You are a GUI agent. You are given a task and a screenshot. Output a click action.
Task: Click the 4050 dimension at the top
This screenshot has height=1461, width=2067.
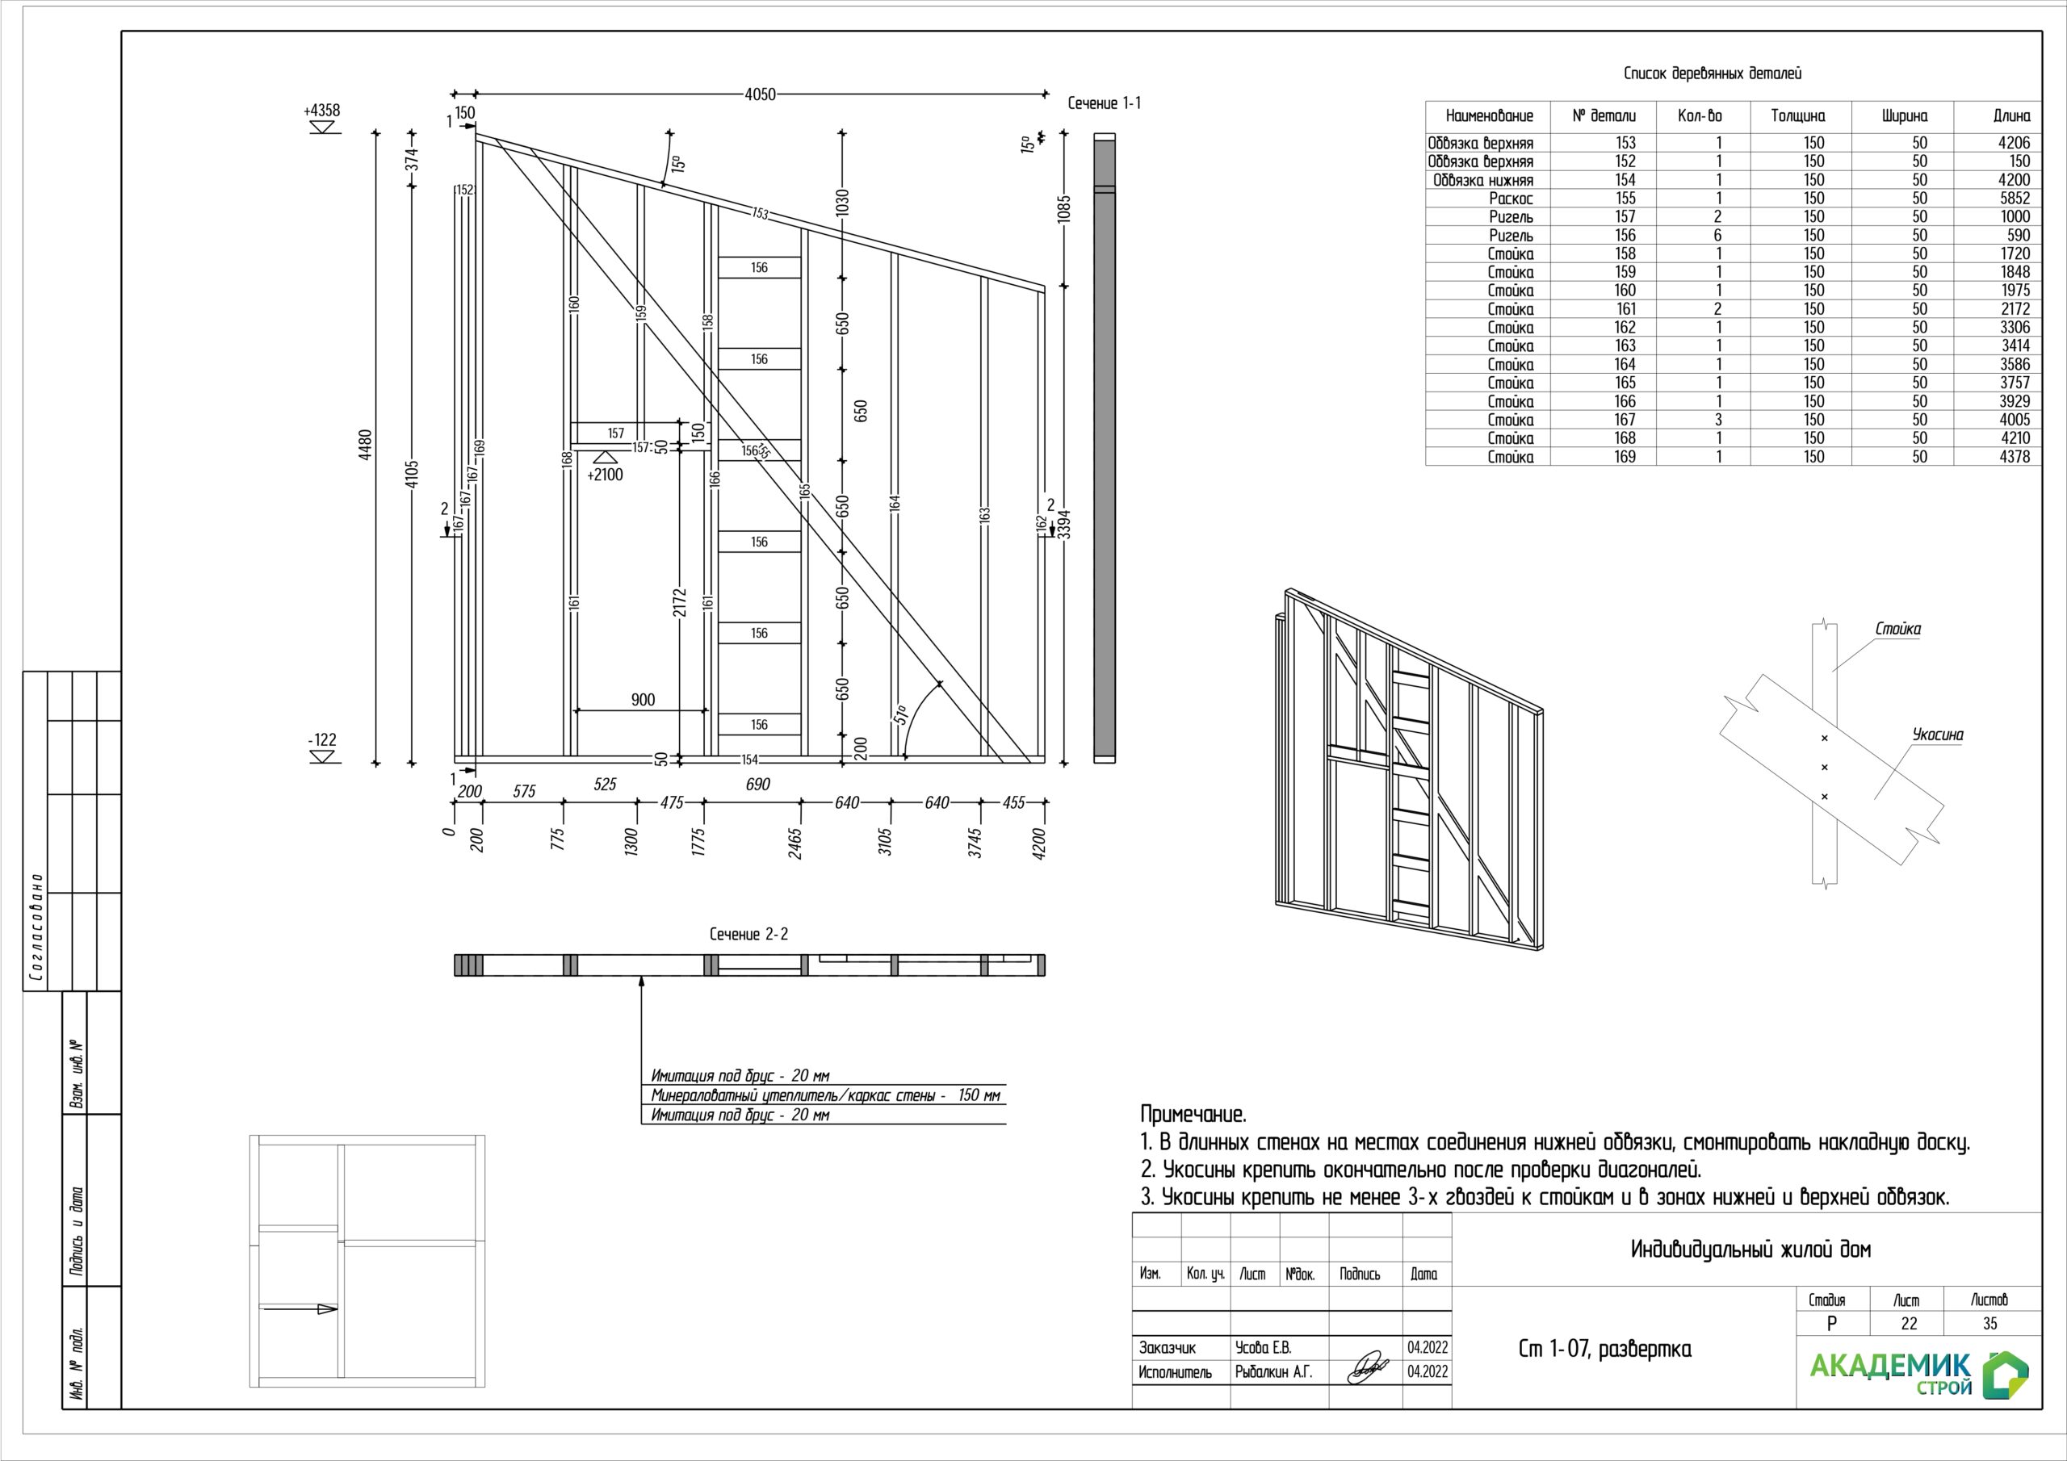760,94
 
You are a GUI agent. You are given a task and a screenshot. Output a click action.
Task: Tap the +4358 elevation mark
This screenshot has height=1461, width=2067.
322,111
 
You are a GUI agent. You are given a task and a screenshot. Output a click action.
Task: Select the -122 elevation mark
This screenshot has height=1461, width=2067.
321,740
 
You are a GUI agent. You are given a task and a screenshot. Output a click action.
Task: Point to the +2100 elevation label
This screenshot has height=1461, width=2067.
605,475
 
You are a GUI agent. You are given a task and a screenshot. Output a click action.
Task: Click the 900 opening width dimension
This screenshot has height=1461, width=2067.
643,700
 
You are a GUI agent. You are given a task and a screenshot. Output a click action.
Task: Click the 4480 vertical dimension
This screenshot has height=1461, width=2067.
365,445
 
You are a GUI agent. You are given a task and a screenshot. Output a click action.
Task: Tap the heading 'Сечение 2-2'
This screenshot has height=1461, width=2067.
748,935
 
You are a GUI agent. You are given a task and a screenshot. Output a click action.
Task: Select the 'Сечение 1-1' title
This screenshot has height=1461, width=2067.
1104,103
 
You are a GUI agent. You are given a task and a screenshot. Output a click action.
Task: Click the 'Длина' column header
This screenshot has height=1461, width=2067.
2011,116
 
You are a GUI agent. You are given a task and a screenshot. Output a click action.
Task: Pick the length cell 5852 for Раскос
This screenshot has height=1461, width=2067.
2015,198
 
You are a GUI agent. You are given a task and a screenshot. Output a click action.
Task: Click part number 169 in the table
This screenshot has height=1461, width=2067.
1625,456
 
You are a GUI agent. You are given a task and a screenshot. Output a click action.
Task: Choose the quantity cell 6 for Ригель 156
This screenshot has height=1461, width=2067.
1717,235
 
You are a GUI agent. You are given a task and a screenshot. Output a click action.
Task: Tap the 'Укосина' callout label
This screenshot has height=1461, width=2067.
1937,735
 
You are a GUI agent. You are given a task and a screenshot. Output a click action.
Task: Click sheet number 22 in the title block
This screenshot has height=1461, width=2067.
1909,1323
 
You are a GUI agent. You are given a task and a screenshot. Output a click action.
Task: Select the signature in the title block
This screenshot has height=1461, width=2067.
1367,1367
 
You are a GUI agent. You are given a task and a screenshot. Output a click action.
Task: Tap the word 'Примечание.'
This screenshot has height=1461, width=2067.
1193,1115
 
